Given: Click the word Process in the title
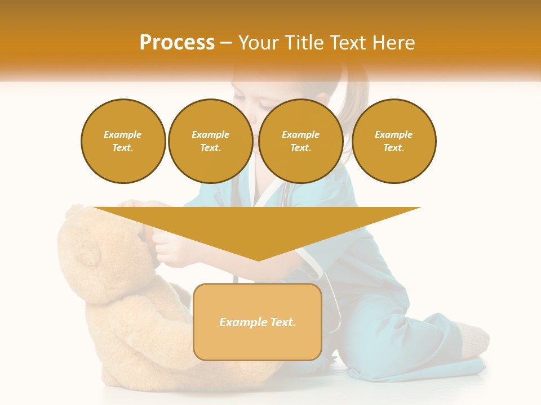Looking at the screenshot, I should click(x=177, y=42).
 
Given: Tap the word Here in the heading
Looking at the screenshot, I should click(x=395, y=42).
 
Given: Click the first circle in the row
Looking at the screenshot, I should click(x=123, y=141).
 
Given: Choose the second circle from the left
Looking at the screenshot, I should click(x=210, y=141).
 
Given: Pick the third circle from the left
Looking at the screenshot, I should click(x=300, y=141).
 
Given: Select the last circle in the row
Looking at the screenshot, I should click(x=393, y=141).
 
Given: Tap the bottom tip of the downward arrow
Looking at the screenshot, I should click(x=258, y=259).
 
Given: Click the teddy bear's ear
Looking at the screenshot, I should click(x=87, y=250).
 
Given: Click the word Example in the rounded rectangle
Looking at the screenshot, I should click(x=242, y=322).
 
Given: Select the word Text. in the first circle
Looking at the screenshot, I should click(x=123, y=147).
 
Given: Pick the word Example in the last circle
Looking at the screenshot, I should click(x=393, y=134).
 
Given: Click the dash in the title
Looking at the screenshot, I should click(x=226, y=42).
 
